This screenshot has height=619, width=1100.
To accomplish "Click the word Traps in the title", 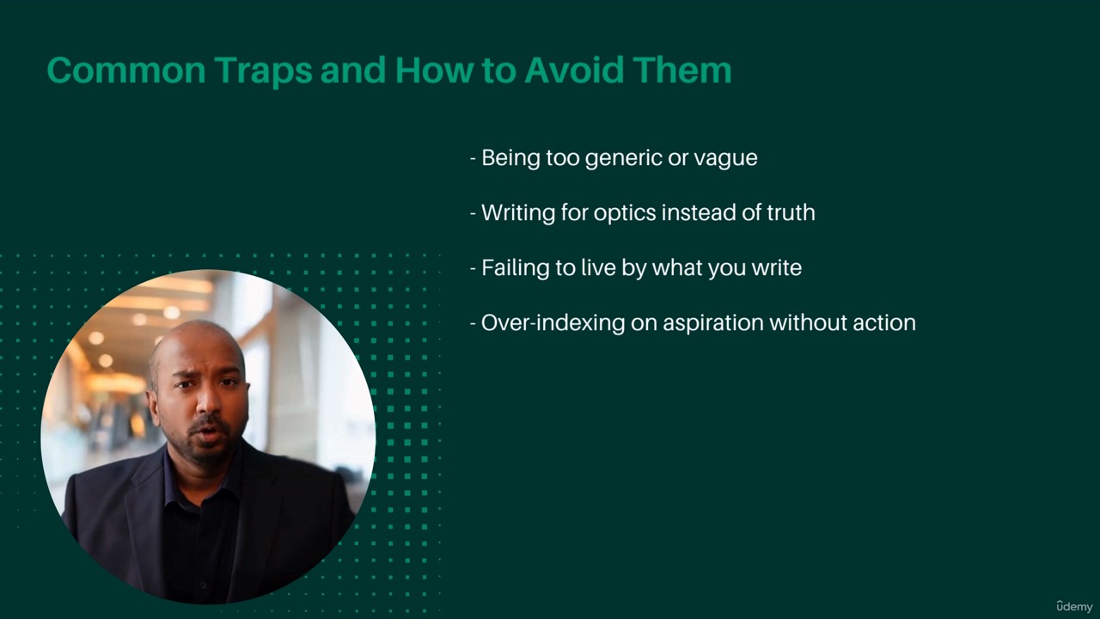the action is click(264, 70).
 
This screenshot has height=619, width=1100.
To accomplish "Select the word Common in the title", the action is click(126, 70).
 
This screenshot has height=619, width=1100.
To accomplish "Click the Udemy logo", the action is click(1074, 606).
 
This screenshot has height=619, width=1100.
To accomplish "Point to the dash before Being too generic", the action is click(473, 159).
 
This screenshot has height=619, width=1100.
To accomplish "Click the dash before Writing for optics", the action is click(473, 214).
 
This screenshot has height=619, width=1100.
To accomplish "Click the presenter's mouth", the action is click(208, 434).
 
